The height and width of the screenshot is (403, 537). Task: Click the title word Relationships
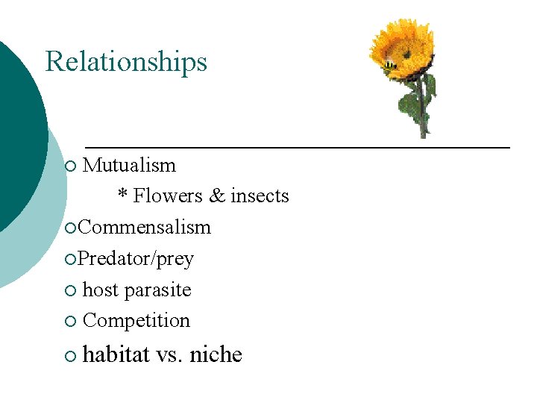click(126, 61)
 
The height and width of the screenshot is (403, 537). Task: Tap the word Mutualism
click(129, 165)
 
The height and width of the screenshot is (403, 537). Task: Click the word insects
click(260, 196)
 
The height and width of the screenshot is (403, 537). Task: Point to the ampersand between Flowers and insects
click(217, 196)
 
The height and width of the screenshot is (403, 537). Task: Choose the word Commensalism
click(145, 227)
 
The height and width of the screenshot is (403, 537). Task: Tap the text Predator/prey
click(136, 259)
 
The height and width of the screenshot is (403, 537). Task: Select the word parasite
click(159, 290)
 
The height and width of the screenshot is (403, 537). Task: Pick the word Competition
click(136, 321)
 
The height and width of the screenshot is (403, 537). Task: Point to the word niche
click(216, 354)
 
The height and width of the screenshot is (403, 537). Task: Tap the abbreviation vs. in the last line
click(170, 355)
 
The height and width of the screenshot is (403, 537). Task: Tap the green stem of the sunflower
click(423, 104)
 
